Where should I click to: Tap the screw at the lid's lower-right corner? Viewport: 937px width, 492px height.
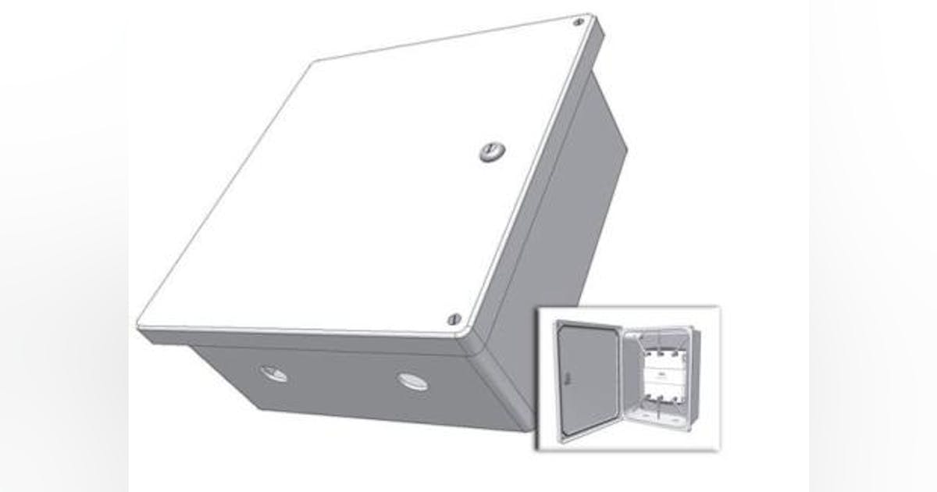click(453, 319)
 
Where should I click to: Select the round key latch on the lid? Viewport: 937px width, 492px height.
click(490, 152)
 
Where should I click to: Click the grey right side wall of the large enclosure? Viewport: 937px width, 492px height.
click(562, 234)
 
